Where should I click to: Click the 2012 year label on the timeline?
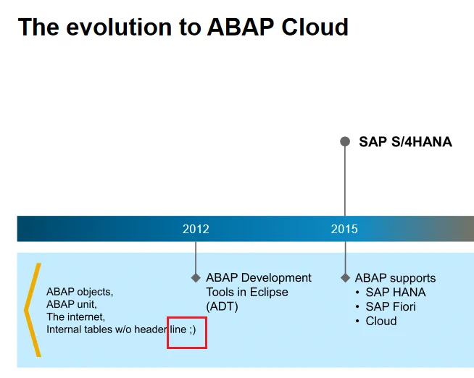pos(196,229)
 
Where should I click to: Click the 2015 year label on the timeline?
pos(344,229)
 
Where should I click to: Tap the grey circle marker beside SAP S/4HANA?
pos(345,141)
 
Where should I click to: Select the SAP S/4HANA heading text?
pos(405,142)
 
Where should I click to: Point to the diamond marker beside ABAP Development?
pos(196,278)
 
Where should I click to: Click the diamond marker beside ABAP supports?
pos(345,278)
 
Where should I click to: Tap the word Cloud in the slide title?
pos(315,27)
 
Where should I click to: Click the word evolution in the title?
pos(119,27)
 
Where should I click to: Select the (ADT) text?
pos(223,306)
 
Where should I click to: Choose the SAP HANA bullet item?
pos(396,292)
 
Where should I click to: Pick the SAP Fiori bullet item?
pos(391,306)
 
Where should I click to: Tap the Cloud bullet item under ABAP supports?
pos(381,321)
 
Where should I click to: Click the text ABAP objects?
pos(80,292)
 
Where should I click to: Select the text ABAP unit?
pos(72,304)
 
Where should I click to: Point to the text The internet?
pos(76,316)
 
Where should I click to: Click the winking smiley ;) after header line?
pos(193,329)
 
